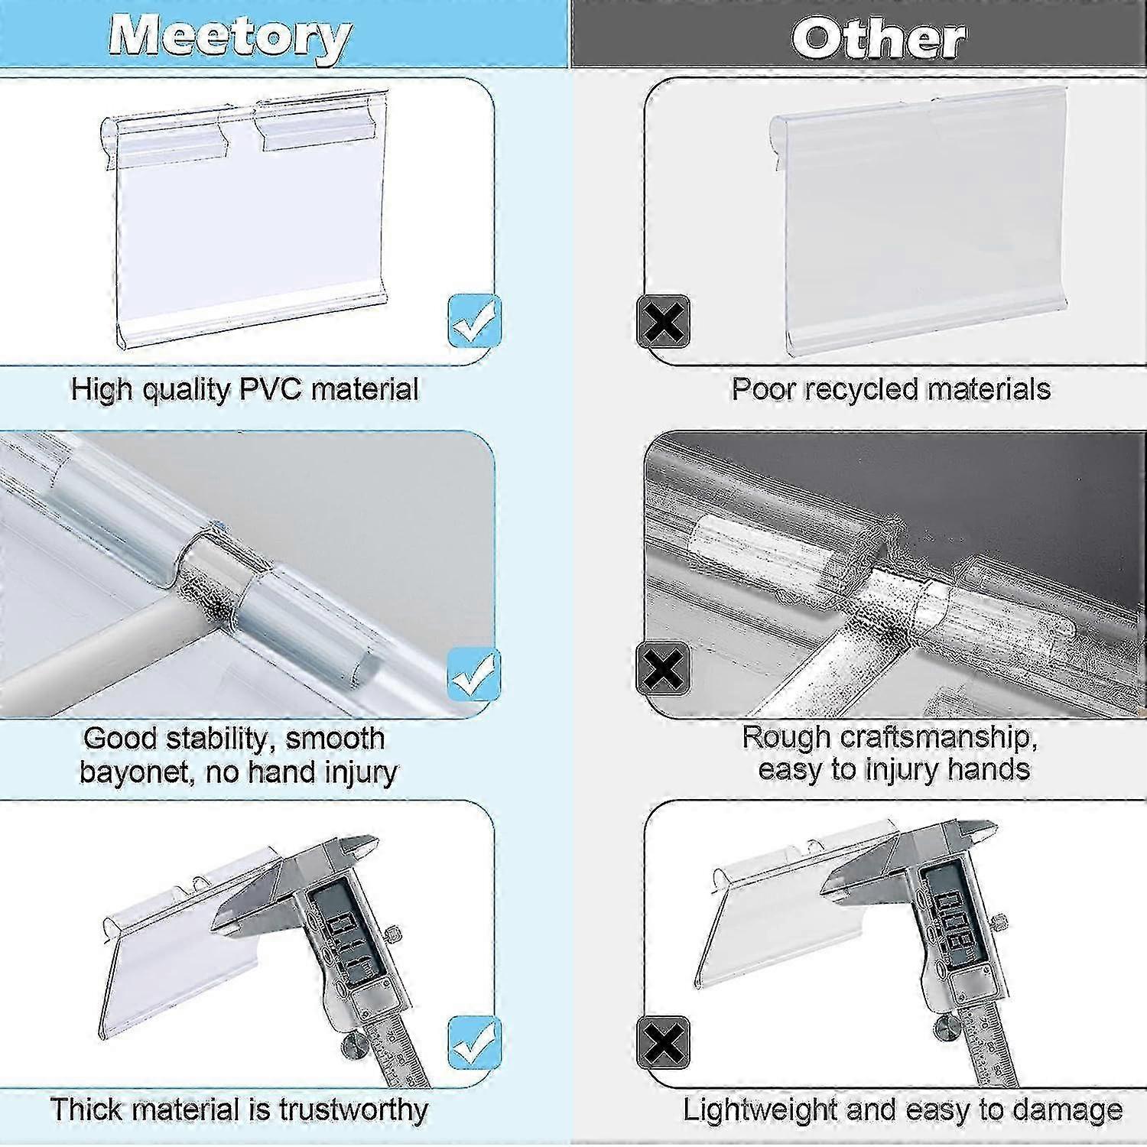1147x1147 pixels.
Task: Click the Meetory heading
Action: [x=230, y=37]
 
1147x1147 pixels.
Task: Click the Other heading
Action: [x=879, y=37]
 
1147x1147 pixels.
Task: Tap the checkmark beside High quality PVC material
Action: [x=474, y=320]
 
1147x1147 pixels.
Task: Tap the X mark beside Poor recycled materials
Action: [x=664, y=321]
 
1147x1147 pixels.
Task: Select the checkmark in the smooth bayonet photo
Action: [x=474, y=674]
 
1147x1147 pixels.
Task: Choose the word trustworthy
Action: [x=353, y=1110]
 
